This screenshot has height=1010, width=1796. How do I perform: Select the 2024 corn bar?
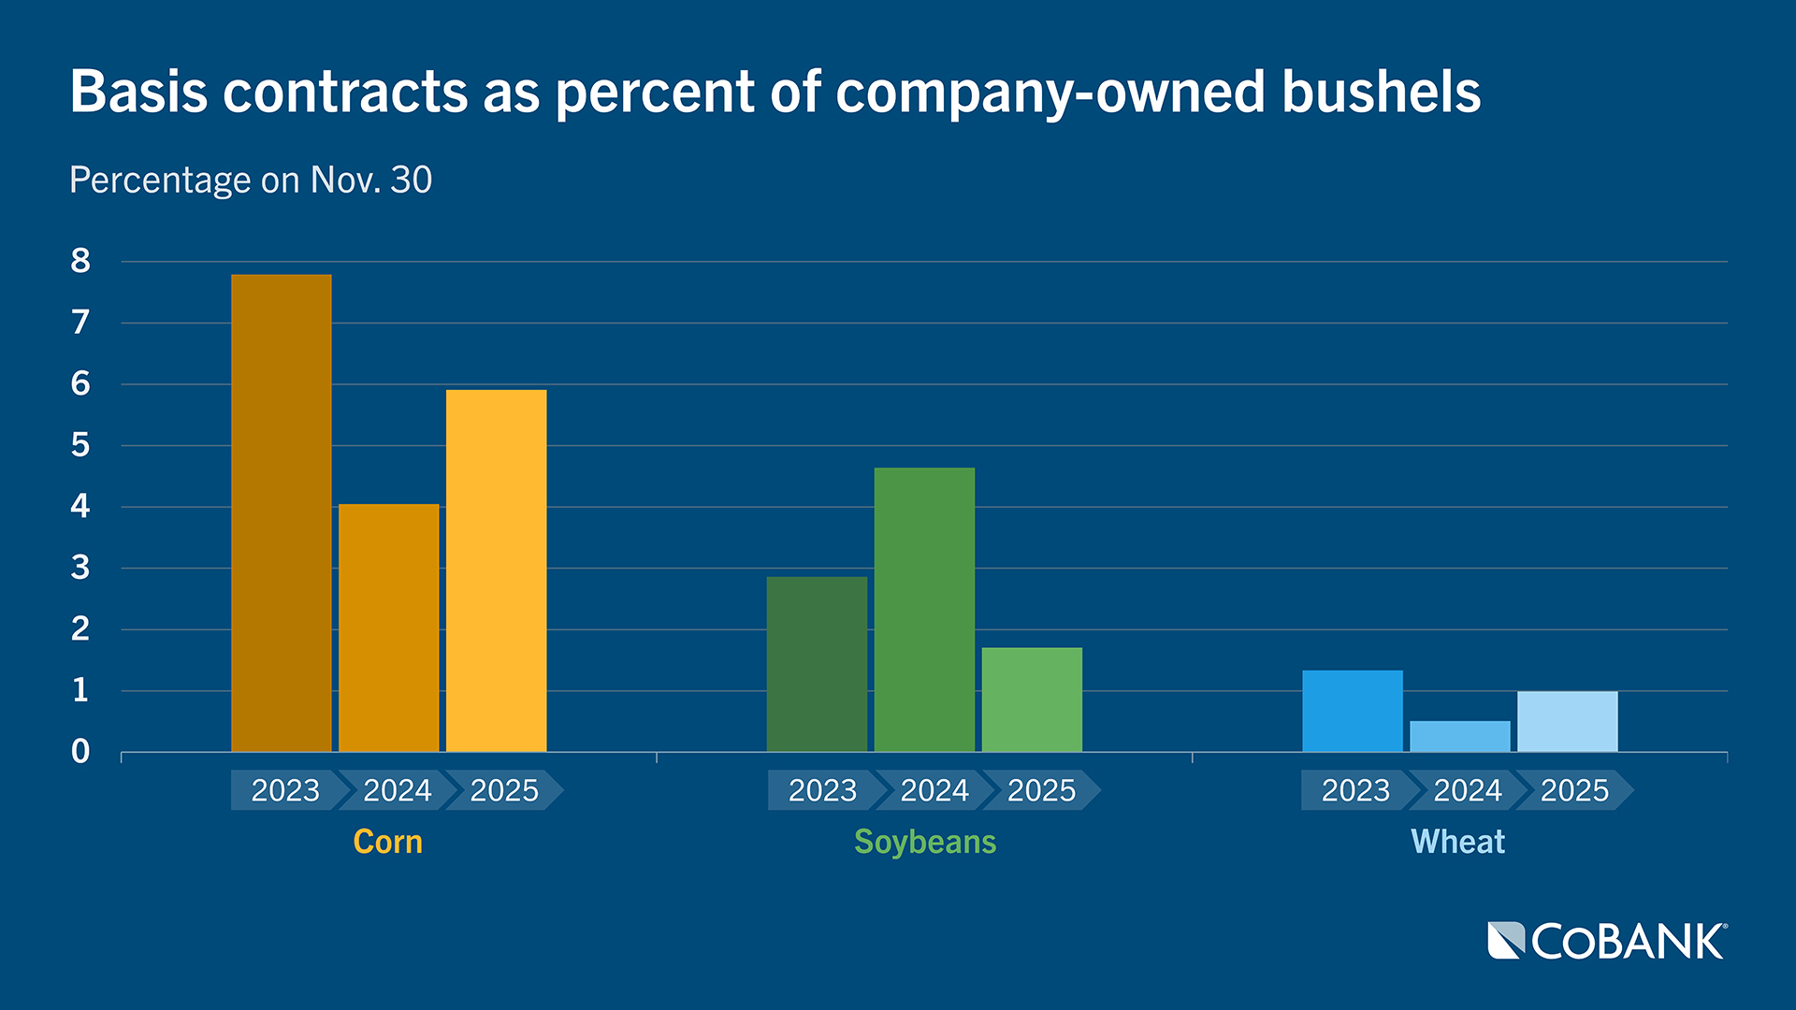388,628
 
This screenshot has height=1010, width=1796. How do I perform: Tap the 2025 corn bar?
496,570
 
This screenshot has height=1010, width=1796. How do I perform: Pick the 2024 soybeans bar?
924,609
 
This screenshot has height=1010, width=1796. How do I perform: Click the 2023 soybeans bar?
817,664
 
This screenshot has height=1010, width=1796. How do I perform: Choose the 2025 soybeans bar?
1032,700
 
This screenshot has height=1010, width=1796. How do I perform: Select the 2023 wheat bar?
1352,711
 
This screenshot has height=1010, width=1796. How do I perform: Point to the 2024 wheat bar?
1459,736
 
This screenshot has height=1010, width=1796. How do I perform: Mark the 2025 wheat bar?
1567,721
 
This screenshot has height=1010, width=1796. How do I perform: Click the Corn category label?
387,842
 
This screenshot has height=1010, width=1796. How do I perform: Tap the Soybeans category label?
925,842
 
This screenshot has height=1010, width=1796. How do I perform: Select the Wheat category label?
1457,842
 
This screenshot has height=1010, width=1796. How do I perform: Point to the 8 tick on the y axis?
80,261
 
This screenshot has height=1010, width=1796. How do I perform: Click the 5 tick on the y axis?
80,445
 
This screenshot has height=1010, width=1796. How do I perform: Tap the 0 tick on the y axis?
80,752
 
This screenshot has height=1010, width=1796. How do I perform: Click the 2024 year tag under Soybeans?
934,790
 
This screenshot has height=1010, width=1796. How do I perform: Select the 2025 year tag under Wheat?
1573,790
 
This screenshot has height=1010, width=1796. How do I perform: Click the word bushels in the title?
1381,93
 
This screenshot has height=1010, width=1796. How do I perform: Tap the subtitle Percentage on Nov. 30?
251,180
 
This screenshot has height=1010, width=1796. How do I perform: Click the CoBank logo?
1606,941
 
